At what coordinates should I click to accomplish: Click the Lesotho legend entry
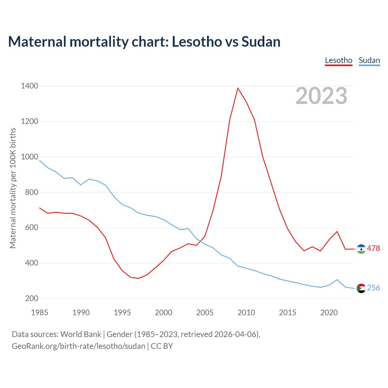338,60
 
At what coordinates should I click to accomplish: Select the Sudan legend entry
369,60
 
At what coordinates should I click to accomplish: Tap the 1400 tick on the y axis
29,86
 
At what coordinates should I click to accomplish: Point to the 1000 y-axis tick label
29,157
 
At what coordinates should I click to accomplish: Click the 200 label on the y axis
32,299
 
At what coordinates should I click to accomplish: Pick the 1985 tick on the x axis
40,313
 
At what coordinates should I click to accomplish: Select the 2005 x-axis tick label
205,313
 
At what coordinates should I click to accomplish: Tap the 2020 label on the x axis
329,313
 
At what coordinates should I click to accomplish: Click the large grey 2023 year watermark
321,96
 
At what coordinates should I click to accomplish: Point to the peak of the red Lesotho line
238,88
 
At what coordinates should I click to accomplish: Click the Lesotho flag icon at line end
361,249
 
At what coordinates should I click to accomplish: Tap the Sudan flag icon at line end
361,288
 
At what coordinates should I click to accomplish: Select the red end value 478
373,249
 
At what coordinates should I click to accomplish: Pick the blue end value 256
373,288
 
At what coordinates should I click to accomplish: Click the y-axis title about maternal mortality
13,188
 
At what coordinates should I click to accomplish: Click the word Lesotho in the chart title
197,42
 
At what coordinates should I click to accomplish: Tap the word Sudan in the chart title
261,42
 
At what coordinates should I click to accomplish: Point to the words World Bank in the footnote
81,334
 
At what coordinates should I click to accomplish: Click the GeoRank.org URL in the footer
79,346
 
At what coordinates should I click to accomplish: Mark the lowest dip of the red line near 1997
139,278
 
